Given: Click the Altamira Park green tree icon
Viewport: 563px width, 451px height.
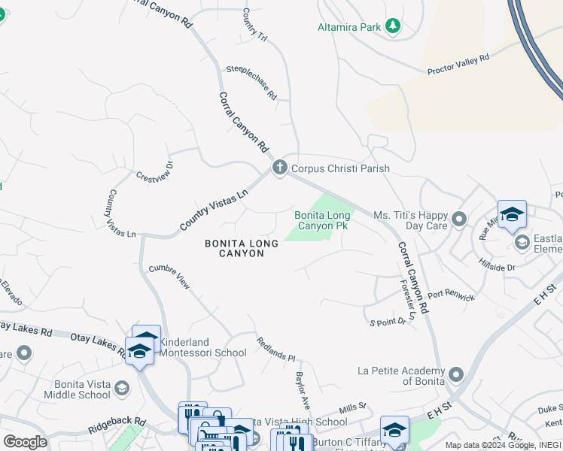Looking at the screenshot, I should [392, 26].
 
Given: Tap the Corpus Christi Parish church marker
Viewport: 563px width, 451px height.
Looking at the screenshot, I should [280, 168].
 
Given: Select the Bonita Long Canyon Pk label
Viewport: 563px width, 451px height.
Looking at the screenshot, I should [321, 220].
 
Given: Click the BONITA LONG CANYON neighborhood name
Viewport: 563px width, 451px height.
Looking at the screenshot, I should [234, 248].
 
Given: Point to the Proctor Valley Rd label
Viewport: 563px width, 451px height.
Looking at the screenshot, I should [458, 64].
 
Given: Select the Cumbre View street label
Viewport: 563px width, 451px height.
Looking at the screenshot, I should [169, 277].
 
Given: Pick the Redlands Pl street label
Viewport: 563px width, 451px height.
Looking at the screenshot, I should [276, 349].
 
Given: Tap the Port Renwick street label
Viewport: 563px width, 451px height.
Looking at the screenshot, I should [451, 295].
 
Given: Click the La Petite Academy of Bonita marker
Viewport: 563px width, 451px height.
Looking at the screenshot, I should [455, 374].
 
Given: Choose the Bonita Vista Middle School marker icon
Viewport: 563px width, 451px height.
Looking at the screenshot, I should [122, 388].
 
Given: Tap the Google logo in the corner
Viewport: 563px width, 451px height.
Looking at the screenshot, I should [24, 442].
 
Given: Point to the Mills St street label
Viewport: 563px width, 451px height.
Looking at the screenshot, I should [351, 407].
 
